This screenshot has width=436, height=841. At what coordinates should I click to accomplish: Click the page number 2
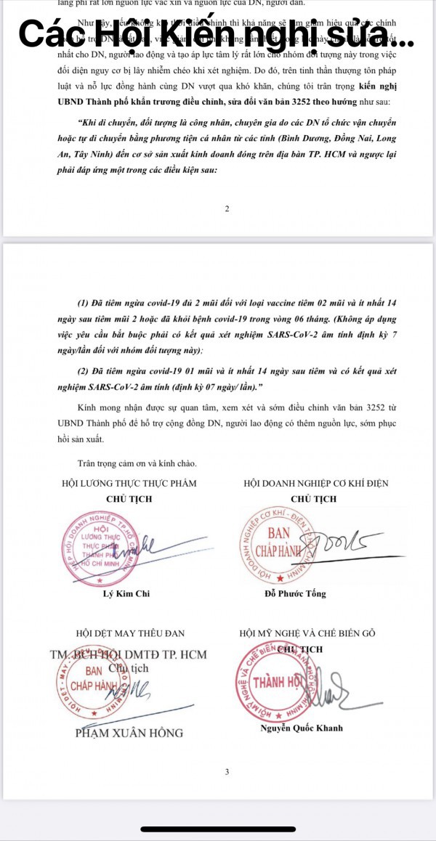pyautogui.click(x=227, y=209)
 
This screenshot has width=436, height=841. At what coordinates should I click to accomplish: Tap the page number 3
pyautogui.click(x=227, y=772)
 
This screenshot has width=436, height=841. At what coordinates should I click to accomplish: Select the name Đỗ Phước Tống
pyautogui.click(x=295, y=593)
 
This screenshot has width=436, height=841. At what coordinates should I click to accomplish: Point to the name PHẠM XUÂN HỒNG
pyautogui.click(x=129, y=733)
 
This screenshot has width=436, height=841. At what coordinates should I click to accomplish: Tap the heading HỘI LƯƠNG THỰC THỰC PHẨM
pyautogui.click(x=129, y=483)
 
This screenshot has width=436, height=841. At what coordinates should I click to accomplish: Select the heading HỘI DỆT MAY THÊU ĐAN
pyautogui.click(x=129, y=633)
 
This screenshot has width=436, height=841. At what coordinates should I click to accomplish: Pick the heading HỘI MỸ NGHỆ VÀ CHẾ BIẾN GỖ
pyautogui.click(x=307, y=633)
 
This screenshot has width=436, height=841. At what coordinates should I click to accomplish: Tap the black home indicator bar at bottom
pyautogui.click(x=217, y=829)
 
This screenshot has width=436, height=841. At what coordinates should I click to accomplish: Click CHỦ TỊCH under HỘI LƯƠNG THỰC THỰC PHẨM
pyautogui.click(x=129, y=499)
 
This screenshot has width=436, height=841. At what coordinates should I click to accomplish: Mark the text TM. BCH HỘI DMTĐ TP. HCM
pyautogui.click(x=129, y=654)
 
